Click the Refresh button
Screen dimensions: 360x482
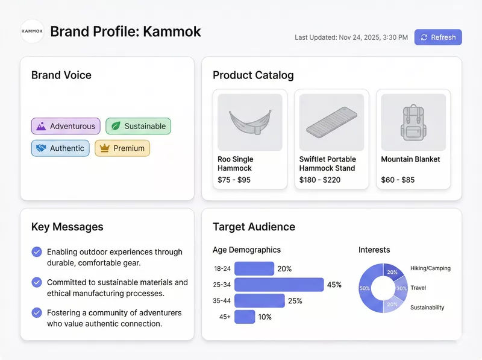coord(438,37)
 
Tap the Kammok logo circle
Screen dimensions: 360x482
coord(32,31)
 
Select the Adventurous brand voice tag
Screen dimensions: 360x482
coord(66,126)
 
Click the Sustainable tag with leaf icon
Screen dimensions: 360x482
coord(139,126)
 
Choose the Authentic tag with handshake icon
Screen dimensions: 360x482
coord(60,148)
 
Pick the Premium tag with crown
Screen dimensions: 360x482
coord(122,148)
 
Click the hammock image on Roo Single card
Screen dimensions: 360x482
coord(250,122)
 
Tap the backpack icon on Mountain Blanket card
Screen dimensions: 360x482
coord(413,122)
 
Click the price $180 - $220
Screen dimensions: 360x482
coord(320,180)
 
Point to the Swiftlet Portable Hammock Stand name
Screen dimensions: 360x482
coord(327,163)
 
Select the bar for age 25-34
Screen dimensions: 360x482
coord(279,285)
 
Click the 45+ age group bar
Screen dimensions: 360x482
coord(245,317)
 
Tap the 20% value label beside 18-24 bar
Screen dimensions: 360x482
coord(284,269)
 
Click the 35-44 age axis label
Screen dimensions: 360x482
coord(222,301)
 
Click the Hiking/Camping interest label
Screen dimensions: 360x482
coord(430,268)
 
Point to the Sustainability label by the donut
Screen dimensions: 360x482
coord(427,308)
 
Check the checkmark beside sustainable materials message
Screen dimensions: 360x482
coord(37,282)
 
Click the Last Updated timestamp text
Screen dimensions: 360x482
coord(351,37)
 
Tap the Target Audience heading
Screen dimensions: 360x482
coord(254,227)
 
